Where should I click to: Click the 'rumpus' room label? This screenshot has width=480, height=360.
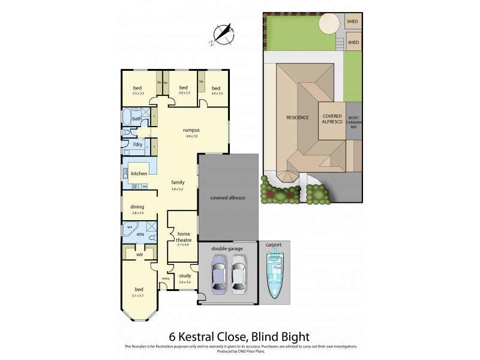(191, 130)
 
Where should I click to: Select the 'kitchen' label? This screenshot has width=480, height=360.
(139, 173)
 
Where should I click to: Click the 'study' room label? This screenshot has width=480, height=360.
(185, 276)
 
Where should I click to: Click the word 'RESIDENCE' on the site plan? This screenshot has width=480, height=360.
(297, 118)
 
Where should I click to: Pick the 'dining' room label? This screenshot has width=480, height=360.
(137, 208)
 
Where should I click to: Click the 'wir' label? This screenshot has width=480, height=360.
(139, 254)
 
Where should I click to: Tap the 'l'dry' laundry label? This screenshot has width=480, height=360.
(137, 145)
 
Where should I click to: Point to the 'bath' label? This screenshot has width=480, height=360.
(137, 119)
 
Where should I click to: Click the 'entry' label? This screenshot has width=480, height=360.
(165, 279)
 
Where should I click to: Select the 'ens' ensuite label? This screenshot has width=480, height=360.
(140, 234)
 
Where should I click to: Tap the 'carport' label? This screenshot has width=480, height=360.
(274, 245)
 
